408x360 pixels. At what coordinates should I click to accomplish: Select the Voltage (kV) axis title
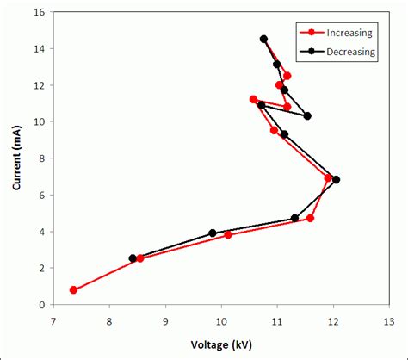221,346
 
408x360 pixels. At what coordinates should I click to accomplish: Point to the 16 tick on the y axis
40,13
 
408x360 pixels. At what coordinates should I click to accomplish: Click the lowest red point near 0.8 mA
73,290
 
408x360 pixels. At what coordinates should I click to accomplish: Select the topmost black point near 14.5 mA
263,39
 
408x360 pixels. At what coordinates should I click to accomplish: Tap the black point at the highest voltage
336,180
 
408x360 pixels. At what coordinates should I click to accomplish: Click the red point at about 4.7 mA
310,219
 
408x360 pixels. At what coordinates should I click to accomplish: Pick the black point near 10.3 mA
307,115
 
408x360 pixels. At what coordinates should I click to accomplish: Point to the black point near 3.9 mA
213,233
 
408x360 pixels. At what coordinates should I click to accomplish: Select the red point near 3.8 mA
228,235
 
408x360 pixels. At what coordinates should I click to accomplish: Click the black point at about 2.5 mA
133,258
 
